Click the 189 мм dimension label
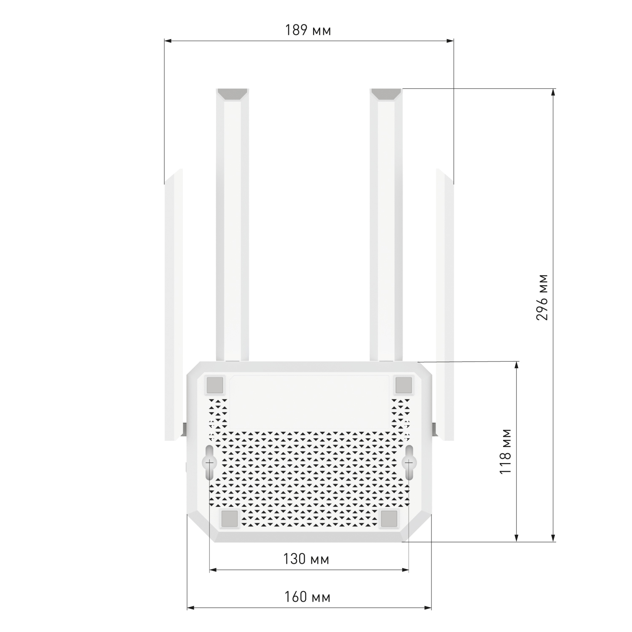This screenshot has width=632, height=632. click(308, 30)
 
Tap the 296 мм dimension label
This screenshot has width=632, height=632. click(542, 297)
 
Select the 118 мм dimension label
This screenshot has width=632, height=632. click(505, 451)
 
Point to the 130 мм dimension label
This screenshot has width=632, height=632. click(306, 559)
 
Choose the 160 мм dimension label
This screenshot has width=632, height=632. click(307, 597)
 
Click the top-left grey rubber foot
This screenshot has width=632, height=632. click(215, 385)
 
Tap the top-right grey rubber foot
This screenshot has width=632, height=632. click(403, 385)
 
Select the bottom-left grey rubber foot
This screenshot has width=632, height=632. click(230, 519)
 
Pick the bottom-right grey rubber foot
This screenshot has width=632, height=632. click(389, 519)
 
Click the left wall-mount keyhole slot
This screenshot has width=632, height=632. click(209, 462)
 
